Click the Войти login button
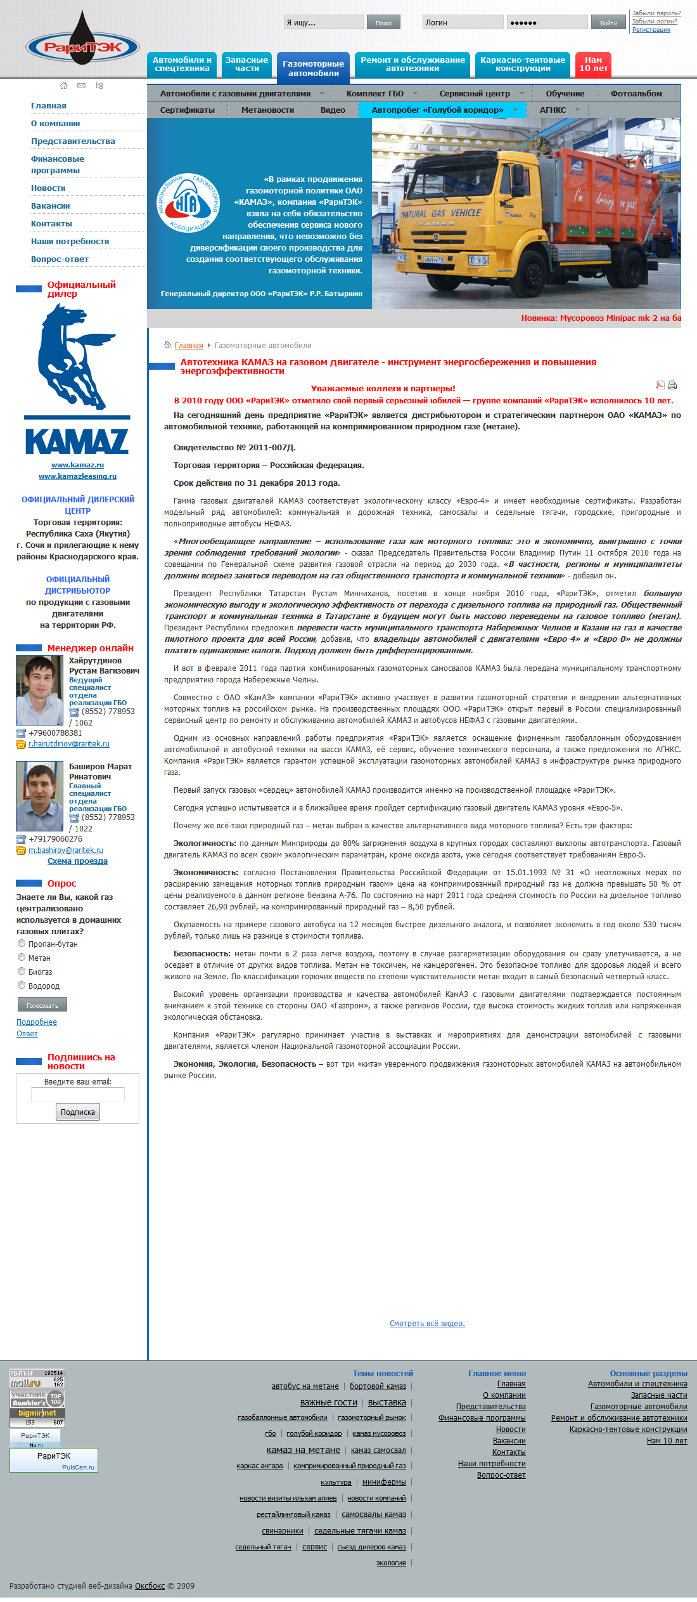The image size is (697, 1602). tap(608, 23)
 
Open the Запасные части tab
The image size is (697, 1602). tap(246, 65)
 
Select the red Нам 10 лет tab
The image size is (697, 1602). tap(593, 65)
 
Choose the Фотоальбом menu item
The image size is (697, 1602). tap(636, 94)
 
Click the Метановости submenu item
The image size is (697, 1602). tap(267, 110)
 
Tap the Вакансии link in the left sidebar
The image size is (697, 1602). tap(50, 206)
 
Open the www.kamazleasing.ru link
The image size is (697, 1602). tap(77, 476)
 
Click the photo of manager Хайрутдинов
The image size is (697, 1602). tap(39, 691)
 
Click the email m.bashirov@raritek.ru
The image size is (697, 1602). tap(66, 850)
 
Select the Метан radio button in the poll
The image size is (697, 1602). tap(22, 958)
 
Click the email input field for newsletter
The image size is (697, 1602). tap(77, 1095)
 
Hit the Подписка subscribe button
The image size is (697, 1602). tap(77, 1112)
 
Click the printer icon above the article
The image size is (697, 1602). tap(672, 385)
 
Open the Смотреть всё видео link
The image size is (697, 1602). tap(427, 1324)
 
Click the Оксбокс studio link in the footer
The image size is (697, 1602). tap(150, 1586)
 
